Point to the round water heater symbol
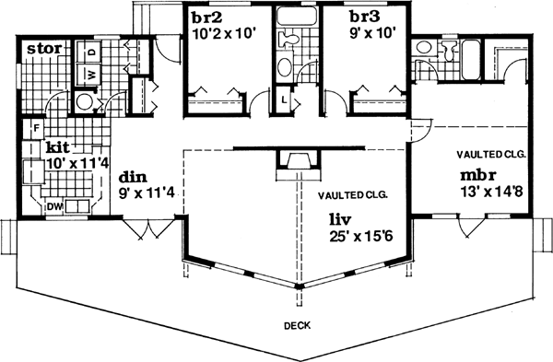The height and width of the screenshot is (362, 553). pyautogui.click(x=84, y=101)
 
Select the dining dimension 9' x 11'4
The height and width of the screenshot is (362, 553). pyautogui.click(x=148, y=193)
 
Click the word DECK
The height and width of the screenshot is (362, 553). pyautogui.click(x=297, y=325)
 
